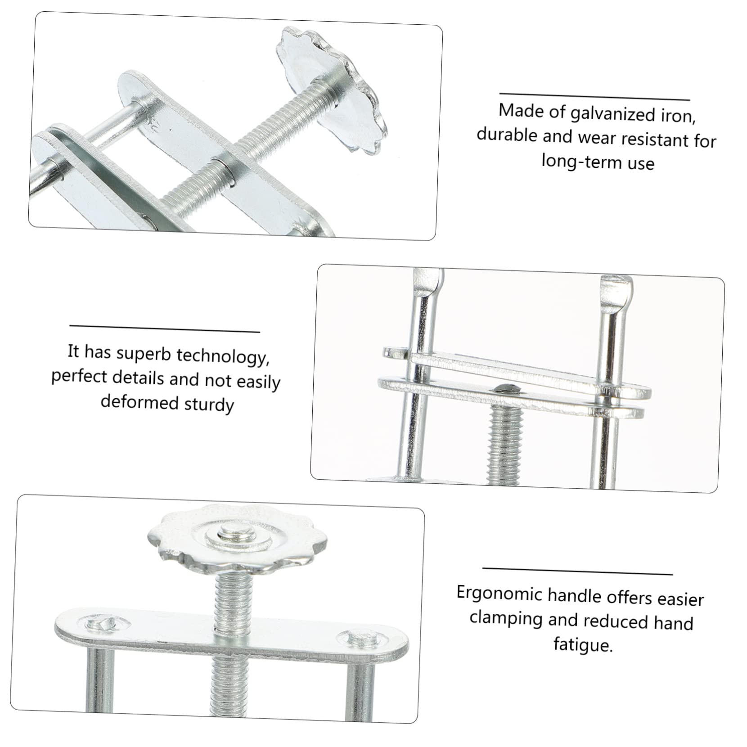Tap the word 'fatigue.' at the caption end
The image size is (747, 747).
[583, 644]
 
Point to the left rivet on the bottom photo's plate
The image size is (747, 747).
[103, 624]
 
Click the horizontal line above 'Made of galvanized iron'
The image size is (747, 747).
[594, 97]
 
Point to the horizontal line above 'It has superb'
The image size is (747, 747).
[165, 328]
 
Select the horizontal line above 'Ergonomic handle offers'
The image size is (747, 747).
[577, 571]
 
